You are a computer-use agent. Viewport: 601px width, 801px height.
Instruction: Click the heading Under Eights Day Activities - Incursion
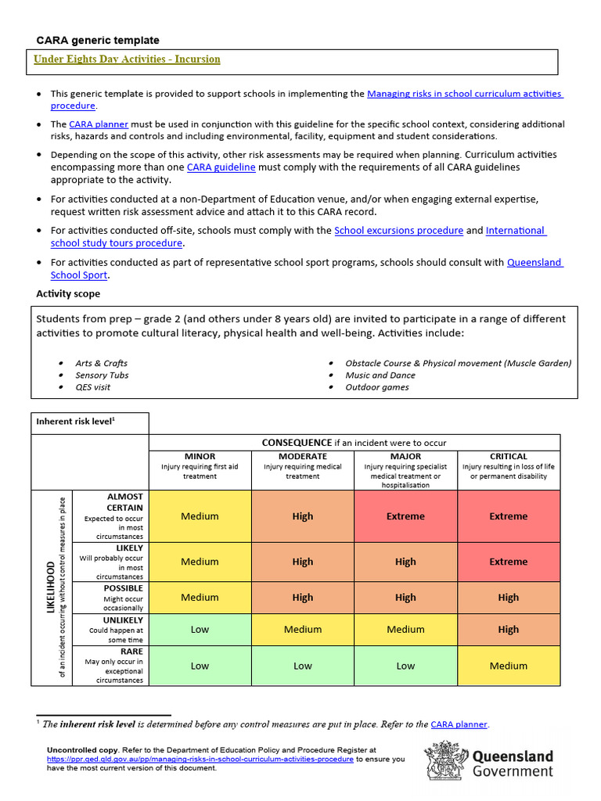[128, 59]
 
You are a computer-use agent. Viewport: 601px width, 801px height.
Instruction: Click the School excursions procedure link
[398, 231]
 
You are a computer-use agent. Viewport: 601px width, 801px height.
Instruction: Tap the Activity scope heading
[68, 294]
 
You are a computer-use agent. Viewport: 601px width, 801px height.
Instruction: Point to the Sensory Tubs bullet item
[102, 375]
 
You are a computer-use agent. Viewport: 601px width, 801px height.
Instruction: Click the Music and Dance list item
[380, 375]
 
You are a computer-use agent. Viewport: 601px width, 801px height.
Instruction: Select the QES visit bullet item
[93, 387]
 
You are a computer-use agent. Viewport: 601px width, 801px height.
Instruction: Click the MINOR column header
[200, 456]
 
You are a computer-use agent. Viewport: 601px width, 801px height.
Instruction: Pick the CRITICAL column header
[509, 456]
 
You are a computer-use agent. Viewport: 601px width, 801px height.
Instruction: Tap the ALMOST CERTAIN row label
[124, 502]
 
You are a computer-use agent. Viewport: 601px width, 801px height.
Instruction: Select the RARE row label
[131, 651]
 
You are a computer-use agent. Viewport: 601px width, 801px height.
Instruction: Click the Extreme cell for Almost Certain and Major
[405, 516]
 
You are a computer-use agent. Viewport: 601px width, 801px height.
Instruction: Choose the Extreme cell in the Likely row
[509, 562]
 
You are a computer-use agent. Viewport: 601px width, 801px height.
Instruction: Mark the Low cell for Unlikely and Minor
[200, 629]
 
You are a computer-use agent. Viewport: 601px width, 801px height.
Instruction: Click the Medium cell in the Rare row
[509, 666]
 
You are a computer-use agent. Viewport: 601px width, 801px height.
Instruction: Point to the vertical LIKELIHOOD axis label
[52, 587]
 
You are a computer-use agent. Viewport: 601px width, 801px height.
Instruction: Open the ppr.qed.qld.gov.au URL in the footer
[200, 759]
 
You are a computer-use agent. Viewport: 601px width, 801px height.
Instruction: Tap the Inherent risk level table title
[76, 422]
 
